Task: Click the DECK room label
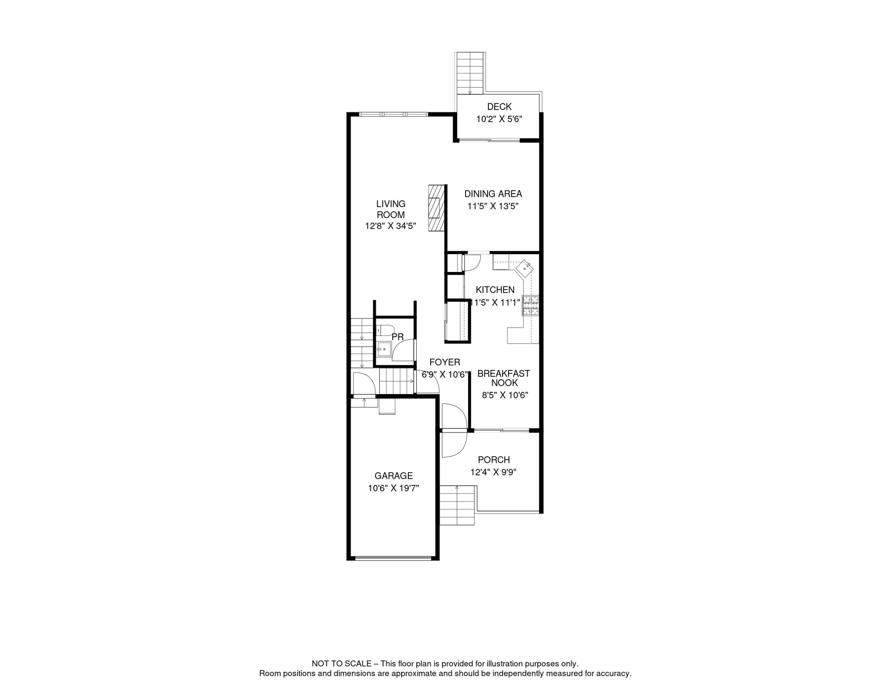499,107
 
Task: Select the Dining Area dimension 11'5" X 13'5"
493,206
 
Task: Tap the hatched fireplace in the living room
436,208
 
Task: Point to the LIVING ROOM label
390,209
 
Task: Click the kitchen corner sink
524,269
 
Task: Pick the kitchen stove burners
531,306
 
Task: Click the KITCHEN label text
495,290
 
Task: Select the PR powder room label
398,337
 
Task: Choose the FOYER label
445,362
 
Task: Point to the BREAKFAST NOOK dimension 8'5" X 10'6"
505,395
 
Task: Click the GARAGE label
394,476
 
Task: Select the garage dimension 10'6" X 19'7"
394,488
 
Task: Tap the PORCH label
494,460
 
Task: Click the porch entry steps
457,505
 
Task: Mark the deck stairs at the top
470,73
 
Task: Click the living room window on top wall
394,114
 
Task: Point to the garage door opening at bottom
393,558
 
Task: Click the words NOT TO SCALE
342,664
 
